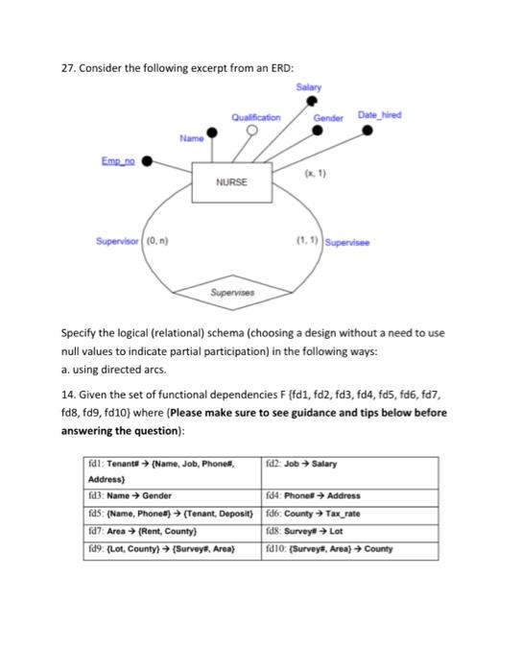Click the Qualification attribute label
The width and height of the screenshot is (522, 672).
pyautogui.click(x=255, y=117)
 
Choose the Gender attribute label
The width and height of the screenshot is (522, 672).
pyautogui.click(x=329, y=117)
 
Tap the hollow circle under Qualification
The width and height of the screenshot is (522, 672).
pyautogui.click(x=254, y=132)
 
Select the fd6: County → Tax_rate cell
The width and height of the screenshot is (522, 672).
pyautogui.click(x=349, y=514)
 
